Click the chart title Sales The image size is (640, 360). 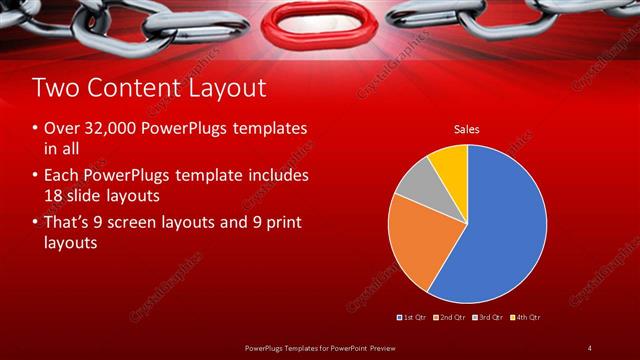tap(467, 129)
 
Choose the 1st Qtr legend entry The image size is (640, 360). tap(414, 317)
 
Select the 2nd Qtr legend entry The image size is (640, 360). tap(450, 317)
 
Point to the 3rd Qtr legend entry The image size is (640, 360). tap(487, 317)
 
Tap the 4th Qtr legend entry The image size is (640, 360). tap(525, 317)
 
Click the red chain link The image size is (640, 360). tap(320, 19)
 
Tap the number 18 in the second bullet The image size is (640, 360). tap(54, 194)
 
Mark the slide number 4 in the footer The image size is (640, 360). tap(589, 347)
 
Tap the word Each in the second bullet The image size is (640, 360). tap(61, 175)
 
